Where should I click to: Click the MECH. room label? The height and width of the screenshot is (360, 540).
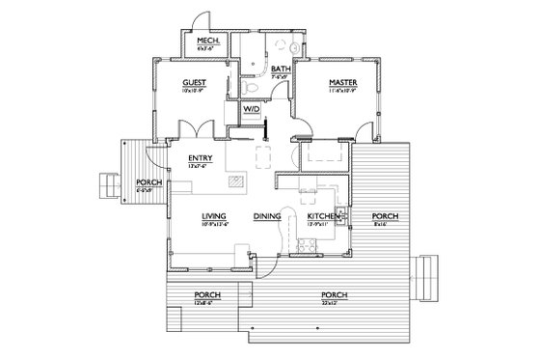[x=206, y=41]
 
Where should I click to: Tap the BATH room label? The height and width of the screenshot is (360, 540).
[x=281, y=69]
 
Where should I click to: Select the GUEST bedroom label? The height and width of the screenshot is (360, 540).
[x=196, y=84]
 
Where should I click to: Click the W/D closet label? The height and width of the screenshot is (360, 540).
[x=251, y=112]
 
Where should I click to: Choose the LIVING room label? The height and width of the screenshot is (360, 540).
[x=214, y=216]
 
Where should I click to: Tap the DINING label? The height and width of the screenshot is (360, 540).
[x=267, y=216]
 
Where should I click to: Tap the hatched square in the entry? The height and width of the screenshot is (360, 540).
[x=235, y=180]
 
